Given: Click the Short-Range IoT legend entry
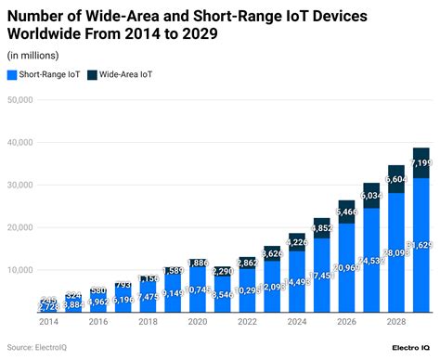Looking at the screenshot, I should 43,75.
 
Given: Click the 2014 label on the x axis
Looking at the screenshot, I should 48,322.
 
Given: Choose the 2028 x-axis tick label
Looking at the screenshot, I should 395,322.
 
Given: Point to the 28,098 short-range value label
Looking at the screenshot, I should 395,251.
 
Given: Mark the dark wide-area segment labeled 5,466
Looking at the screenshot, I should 345,212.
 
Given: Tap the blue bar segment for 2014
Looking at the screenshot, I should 48,307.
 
